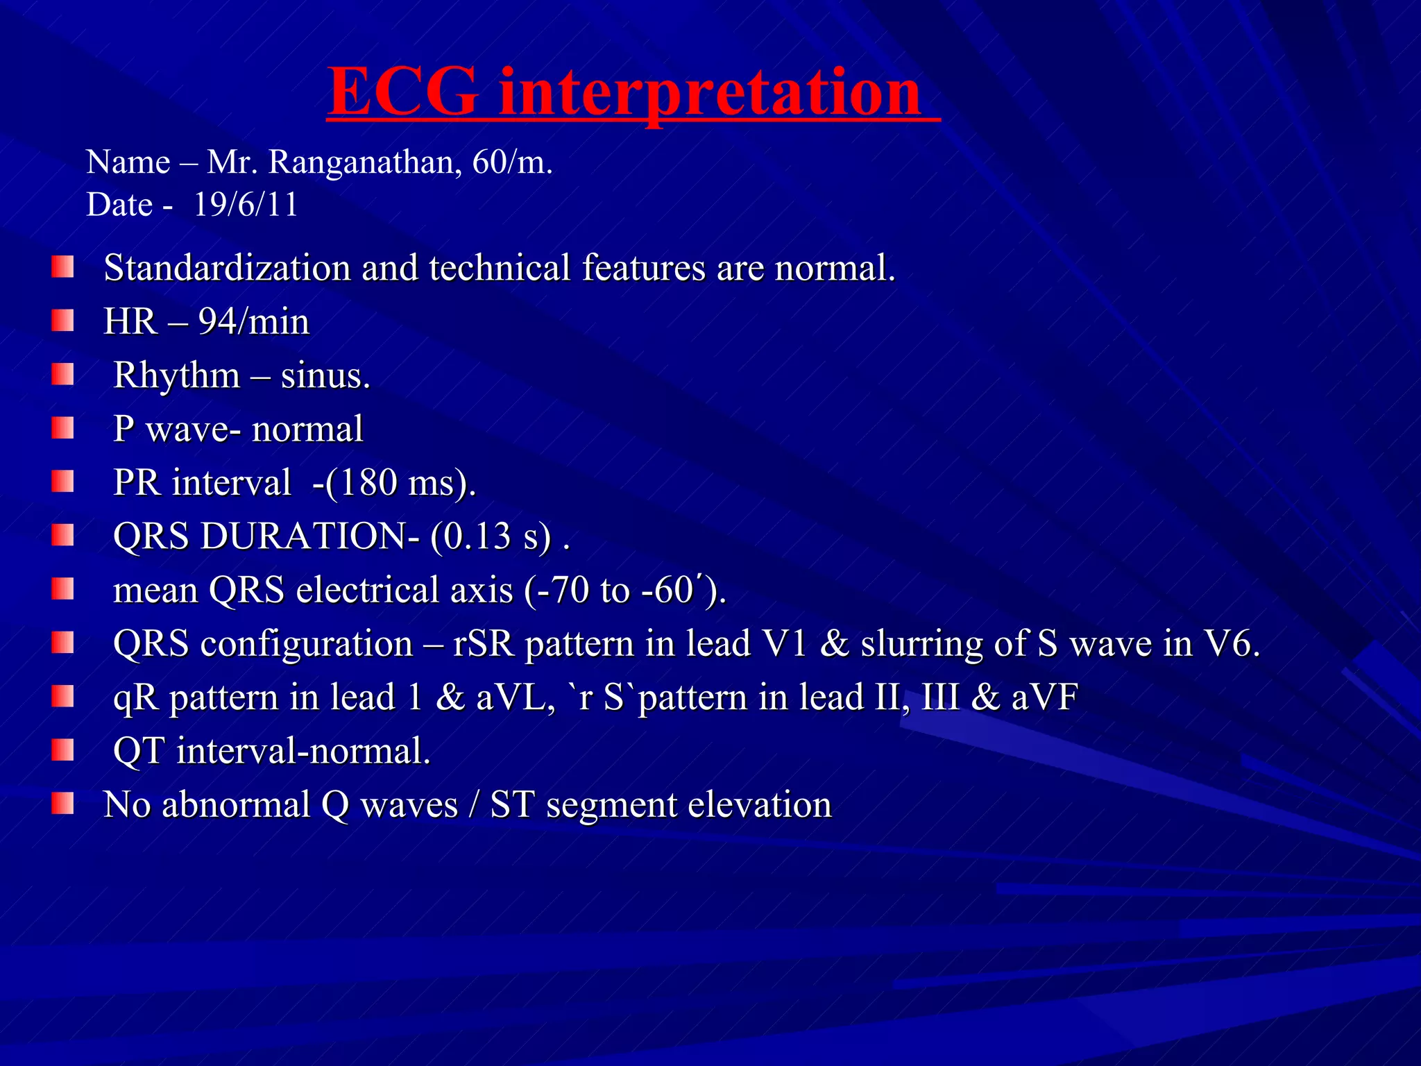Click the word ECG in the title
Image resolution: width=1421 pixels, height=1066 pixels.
coord(402,92)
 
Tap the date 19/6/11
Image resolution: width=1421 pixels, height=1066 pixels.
coord(245,205)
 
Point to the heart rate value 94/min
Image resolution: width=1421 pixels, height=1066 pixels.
coord(254,322)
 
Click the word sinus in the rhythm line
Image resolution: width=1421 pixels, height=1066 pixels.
coord(325,375)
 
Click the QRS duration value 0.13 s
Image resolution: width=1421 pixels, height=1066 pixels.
coord(490,536)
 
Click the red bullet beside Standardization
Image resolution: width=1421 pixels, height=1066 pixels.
coord(62,267)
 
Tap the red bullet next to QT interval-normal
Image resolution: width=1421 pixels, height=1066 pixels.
coord(62,750)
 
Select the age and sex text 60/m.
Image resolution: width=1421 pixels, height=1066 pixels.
coord(512,162)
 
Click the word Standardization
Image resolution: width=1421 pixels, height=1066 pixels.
coord(227,268)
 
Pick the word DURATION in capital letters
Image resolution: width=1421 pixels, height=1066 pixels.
coord(309,536)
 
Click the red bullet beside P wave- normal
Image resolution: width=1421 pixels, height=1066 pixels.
coord(62,428)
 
